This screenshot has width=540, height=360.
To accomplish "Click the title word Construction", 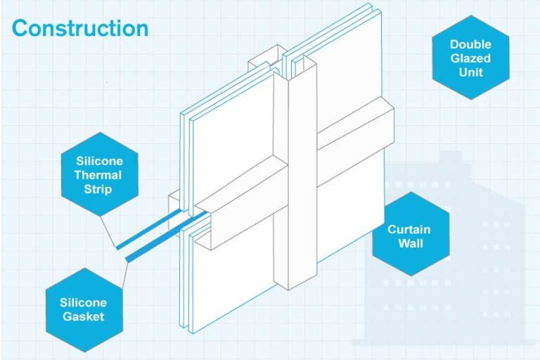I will tap(80, 28).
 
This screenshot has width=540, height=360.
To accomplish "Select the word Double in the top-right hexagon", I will tap(470, 44).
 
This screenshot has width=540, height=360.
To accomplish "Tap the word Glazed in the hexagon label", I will tap(470, 58).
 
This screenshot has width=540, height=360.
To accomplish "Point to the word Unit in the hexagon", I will tap(470, 72).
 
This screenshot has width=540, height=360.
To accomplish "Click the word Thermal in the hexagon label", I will tap(98, 175).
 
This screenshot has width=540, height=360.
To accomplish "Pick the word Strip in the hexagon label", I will tap(98, 189).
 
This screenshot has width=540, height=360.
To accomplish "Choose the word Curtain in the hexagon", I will tap(409, 230).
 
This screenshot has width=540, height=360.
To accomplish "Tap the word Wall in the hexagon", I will tap(409, 245).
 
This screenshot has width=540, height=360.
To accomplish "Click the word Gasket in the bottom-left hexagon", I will tap(83, 316).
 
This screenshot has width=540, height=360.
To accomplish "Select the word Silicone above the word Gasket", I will tap(83, 303).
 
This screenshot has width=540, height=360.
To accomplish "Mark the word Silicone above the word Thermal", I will tap(98, 161).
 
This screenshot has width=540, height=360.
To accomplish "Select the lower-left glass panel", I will tap(232, 281).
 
